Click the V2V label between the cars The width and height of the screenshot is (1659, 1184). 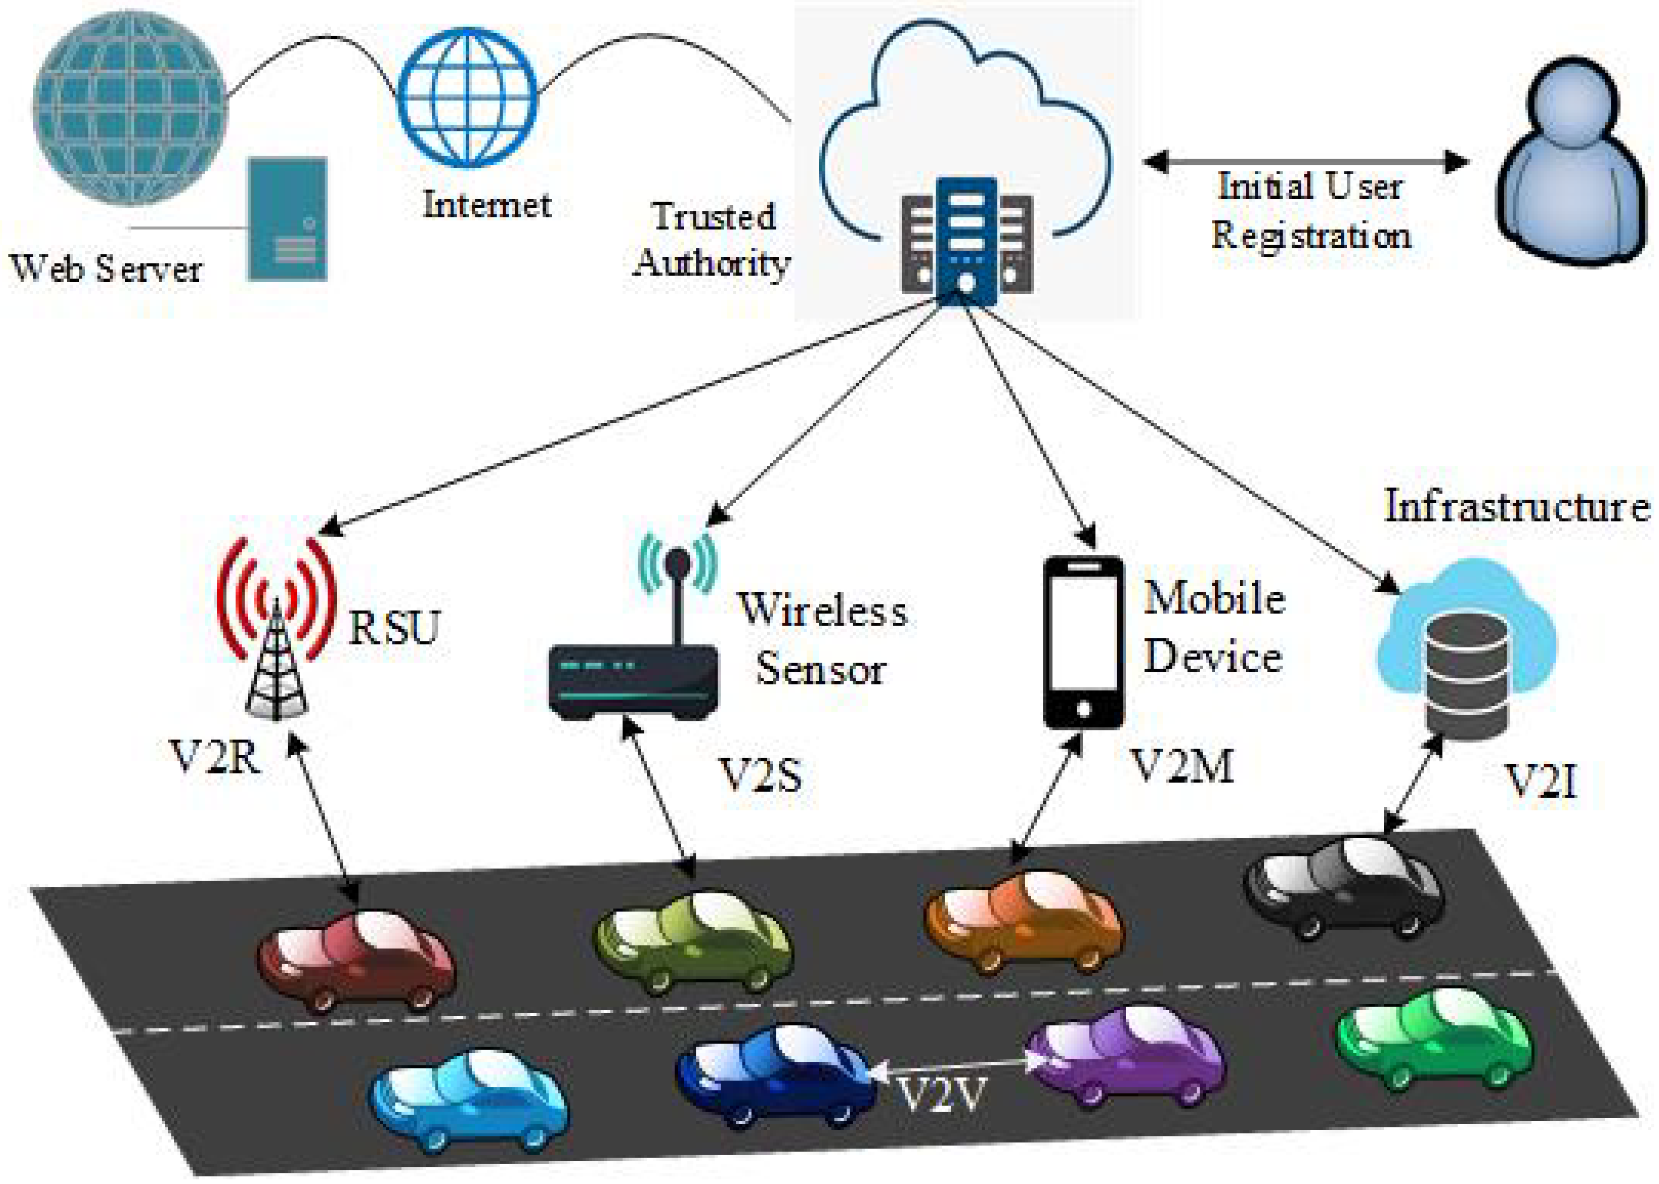pos(941,1094)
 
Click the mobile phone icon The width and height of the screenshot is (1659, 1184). pos(1083,641)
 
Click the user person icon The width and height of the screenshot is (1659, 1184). pos(1571,160)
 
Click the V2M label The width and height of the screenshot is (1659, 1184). pos(1181,766)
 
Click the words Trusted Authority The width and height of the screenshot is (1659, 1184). pos(712,239)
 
